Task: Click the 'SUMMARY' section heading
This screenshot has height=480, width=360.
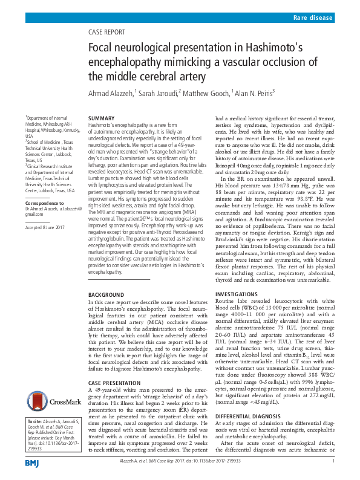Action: coord(102,118)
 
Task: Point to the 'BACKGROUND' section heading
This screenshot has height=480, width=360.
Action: coord(106,294)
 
